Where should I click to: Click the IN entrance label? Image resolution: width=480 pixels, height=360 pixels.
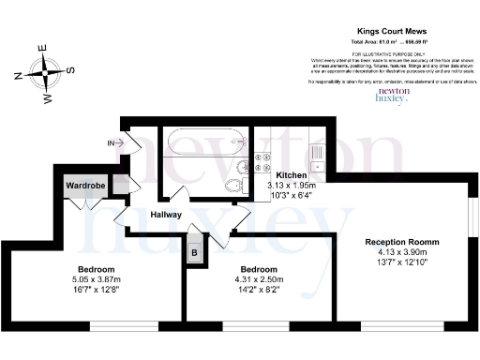[x=113, y=142]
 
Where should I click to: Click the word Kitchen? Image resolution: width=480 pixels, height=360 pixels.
[x=294, y=176]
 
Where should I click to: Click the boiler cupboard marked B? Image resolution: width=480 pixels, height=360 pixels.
[x=194, y=253]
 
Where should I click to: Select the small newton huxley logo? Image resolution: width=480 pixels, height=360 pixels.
[x=393, y=94]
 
